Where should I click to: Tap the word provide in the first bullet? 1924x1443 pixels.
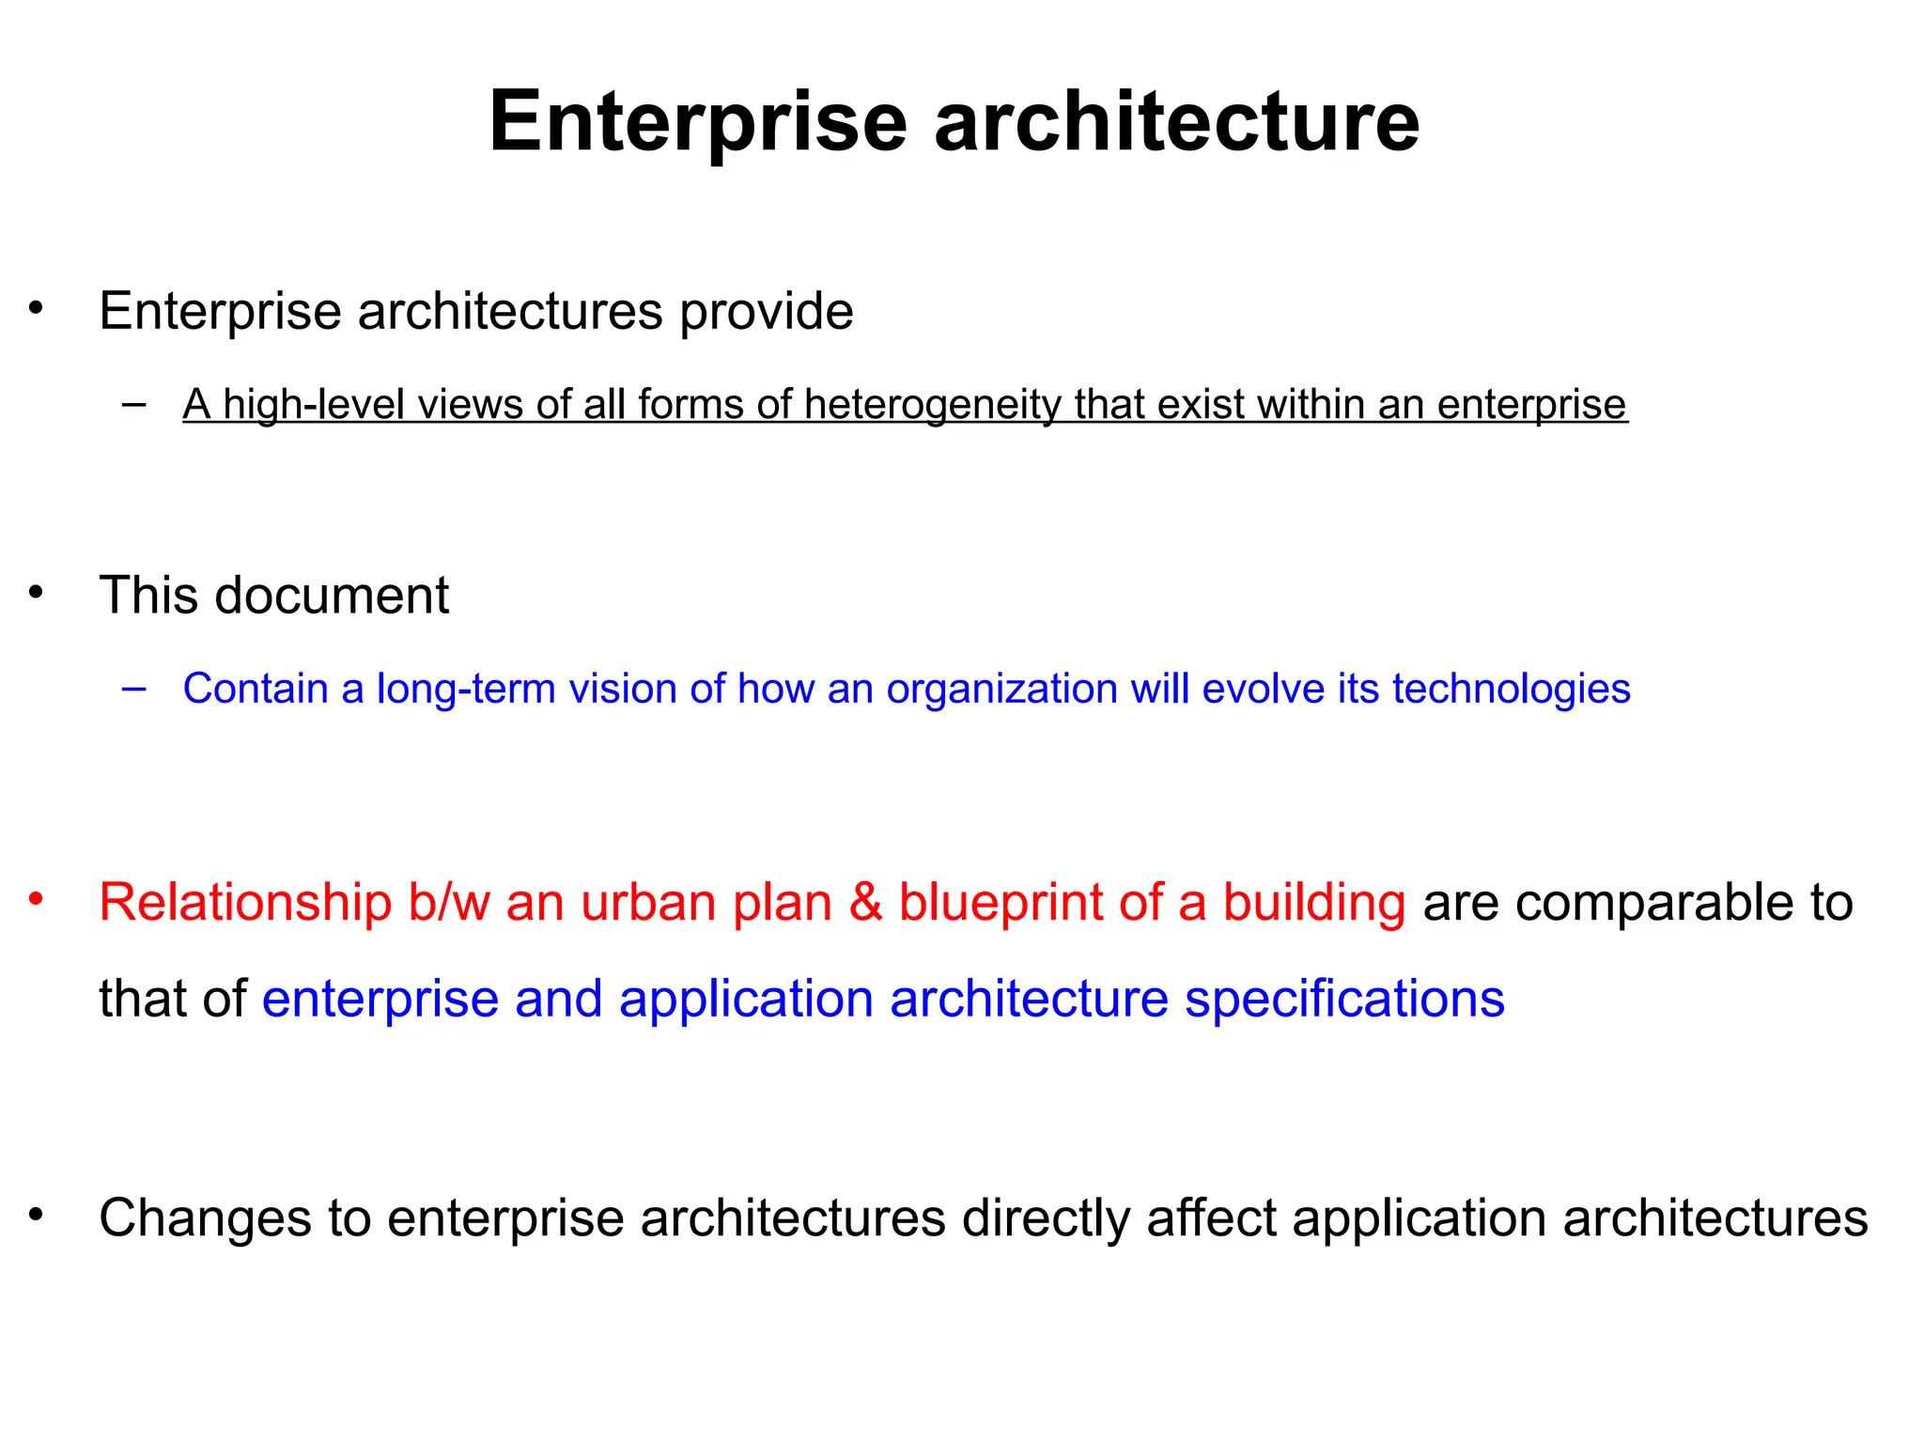point(766,312)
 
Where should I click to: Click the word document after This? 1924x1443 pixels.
point(332,596)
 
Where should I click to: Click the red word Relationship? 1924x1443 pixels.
point(245,903)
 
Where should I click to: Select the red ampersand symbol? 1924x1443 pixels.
point(865,903)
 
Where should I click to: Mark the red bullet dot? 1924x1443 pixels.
point(37,899)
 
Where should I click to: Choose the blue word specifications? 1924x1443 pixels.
point(1344,999)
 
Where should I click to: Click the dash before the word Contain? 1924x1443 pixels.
point(134,689)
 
